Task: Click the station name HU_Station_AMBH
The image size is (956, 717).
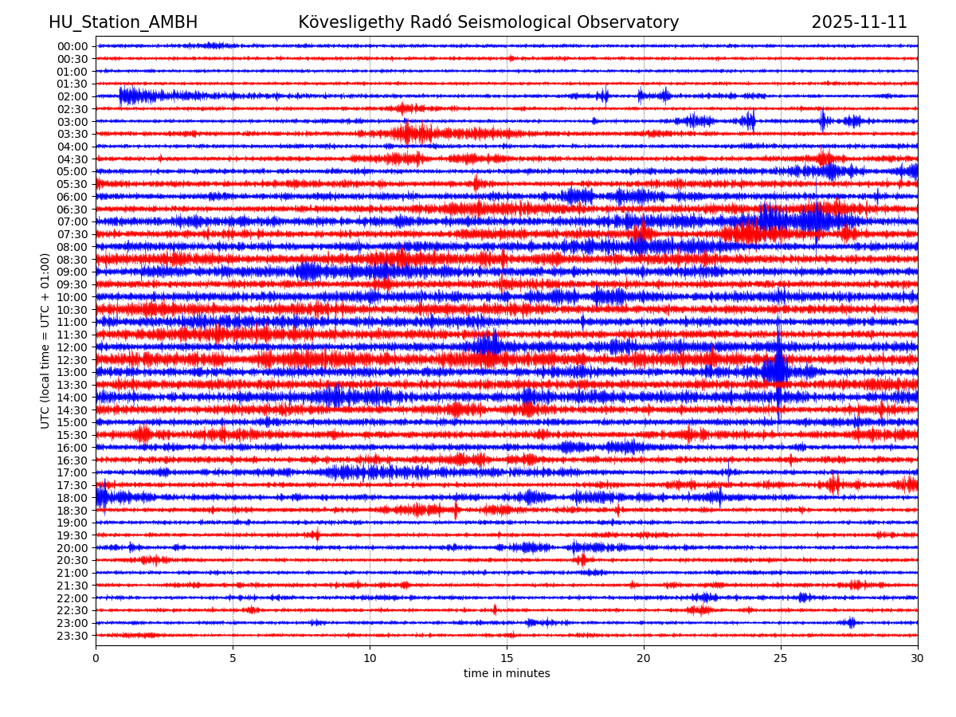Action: (123, 23)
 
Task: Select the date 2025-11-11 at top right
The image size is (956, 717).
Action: (859, 23)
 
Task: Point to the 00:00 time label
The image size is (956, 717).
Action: (72, 46)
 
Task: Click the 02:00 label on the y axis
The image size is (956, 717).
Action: (72, 96)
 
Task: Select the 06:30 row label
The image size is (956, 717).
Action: (72, 210)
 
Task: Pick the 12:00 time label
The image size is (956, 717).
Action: (72, 347)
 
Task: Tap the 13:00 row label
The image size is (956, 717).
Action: (72, 372)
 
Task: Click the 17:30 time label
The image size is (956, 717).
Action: (72, 485)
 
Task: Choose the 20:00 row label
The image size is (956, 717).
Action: (72, 548)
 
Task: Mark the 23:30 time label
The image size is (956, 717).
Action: (72, 636)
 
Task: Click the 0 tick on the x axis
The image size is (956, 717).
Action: (96, 659)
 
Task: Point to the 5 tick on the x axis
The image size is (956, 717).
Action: (233, 659)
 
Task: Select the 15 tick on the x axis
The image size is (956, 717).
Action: (507, 659)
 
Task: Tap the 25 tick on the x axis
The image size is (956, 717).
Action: (781, 659)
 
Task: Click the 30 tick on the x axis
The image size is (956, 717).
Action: (918, 659)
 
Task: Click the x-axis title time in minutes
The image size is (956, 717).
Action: (507, 674)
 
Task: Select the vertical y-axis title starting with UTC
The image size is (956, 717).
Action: (45, 340)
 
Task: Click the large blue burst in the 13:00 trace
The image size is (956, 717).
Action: (776, 370)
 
